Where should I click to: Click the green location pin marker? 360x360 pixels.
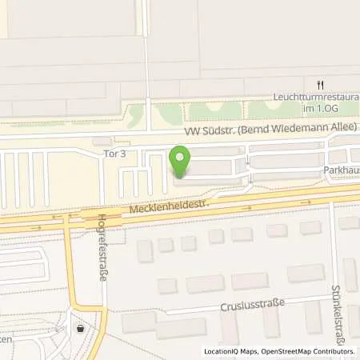(182, 162)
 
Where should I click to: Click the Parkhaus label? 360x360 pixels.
(343, 170)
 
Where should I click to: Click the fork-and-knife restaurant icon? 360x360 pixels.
(319, 83)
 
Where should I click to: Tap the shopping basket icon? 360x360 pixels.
(80, 328)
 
